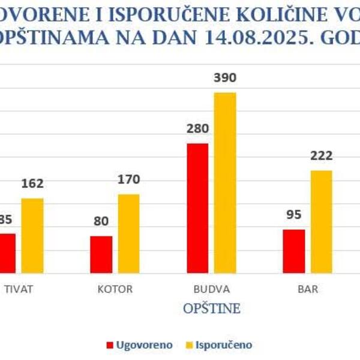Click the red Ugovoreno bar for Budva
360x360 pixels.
click(197, 209)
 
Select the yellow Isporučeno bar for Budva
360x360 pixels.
click(226, 183)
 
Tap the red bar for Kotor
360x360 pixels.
click(101, 254)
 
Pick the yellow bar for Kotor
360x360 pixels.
click(128, 234)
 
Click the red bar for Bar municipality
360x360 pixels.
click(293, 251)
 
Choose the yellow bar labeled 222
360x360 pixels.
click(321, 222)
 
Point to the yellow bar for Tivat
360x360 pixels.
click(32, 236)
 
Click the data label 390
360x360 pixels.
click(226, 78)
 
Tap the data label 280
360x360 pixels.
click(197, 129)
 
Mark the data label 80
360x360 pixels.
click(101, 221)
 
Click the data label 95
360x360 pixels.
click(293, 214)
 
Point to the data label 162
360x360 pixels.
click(32, 184)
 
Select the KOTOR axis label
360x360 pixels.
click(115, 289)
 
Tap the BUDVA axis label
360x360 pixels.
click(212, 289)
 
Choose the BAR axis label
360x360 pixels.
click(308, 289)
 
